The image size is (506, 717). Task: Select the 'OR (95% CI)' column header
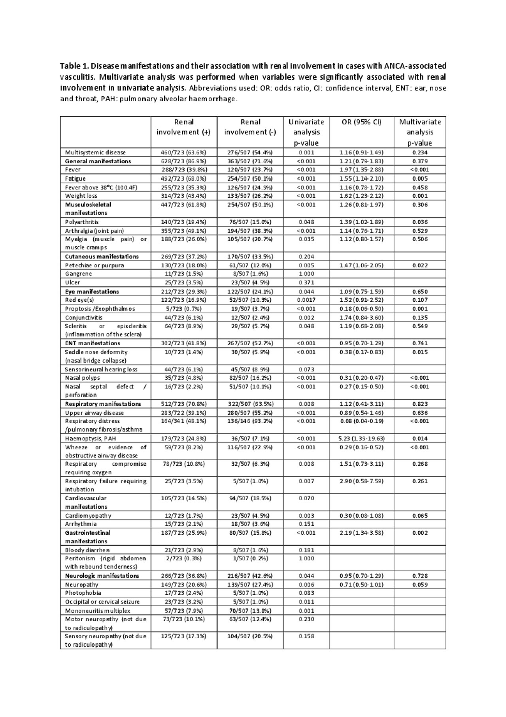click(x=361, y=122)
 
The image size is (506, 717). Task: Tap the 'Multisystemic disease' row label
click(x=95, y=152)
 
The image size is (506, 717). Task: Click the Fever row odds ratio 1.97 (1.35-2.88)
click(x=361, y=170)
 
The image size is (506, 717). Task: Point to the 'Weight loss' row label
click(x=81, y=196)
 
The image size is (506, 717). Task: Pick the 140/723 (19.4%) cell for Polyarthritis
click(x=183, y=222)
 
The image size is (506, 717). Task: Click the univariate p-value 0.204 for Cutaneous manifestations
click(x=306, y=256)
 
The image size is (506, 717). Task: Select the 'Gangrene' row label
click(x=78, y=274)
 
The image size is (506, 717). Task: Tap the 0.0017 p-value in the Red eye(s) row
click(x=306, y=300)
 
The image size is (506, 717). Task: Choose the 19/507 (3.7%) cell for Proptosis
click(x=250, y=308)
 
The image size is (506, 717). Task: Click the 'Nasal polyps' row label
click(x=82, y=378)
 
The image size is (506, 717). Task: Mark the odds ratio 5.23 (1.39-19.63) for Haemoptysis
click(x=361, y=438)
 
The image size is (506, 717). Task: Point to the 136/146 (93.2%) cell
click(x=250, y=421)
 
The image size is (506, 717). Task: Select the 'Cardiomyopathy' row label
click(x=88, y=516)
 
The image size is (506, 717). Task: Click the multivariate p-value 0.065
click(x=419, y=516)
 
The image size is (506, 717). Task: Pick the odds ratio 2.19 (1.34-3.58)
click(x=361, y=533)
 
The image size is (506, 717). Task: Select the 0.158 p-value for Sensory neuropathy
click(x=306, y=636)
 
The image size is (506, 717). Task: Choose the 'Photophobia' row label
click(x=83, y=593)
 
